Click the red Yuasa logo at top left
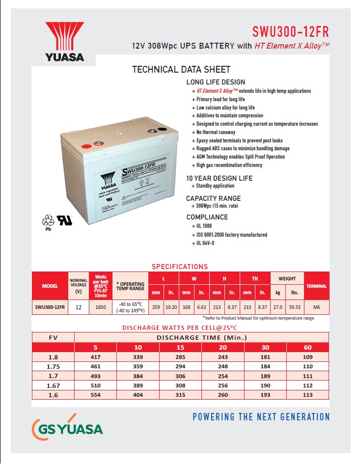(64, 42)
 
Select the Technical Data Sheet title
(181, 70)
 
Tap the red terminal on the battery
(86, 146)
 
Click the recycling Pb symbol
(49, 222)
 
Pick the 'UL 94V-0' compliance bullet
(205, 243)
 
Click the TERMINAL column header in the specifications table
(317, 286)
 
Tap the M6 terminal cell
(317, 307)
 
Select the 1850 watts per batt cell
(101, 307)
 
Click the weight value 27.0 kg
(278, 307)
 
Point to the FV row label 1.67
(53, 386)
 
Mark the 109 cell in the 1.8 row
(308, 357)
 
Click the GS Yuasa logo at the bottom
(67, 428)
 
